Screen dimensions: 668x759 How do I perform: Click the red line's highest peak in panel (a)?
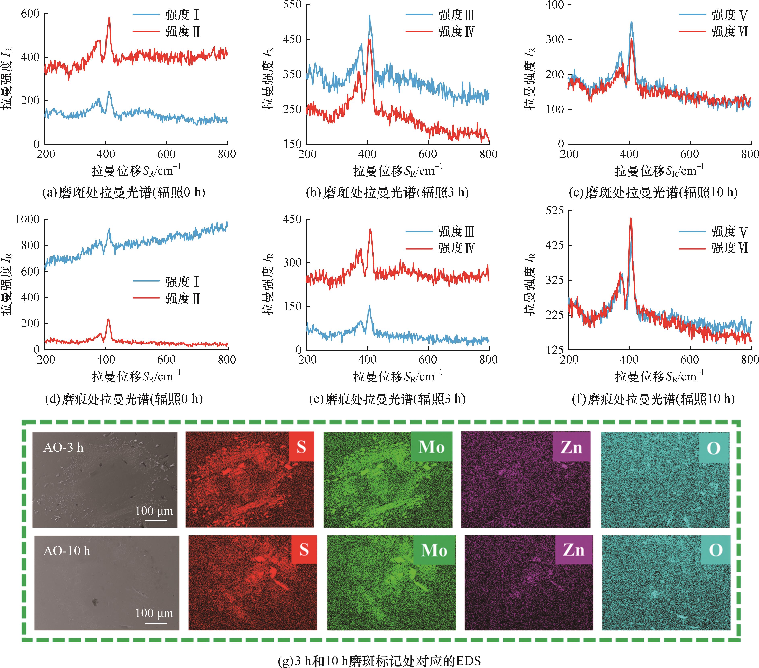[109, 18]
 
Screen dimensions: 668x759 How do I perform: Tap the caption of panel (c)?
[653, 192]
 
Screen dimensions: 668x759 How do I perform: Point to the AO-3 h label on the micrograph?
[63, 448]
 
